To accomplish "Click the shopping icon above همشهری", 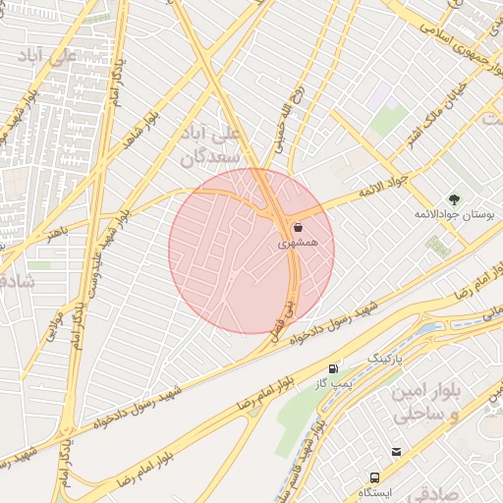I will click(x=298, y=226).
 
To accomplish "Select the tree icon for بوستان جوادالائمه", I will click(x=453, y=199).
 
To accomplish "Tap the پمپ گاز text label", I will click(x=336, y=381).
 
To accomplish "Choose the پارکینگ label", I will click(x=385, y=357).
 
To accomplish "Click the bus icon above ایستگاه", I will click(x=396, y=452).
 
